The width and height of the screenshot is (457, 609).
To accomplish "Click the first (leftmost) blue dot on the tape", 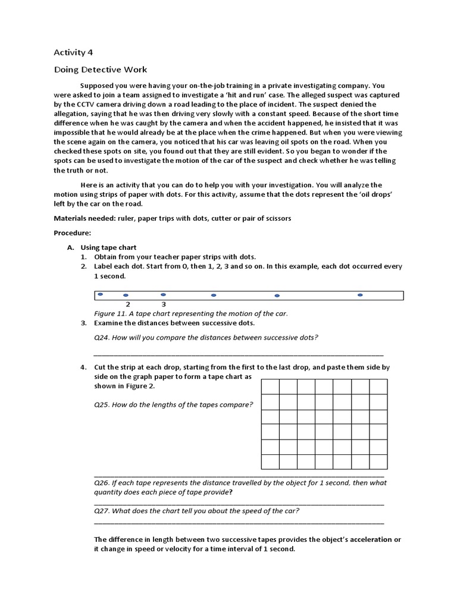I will click(101, 294).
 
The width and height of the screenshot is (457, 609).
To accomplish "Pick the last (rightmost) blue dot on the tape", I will click(360, 295).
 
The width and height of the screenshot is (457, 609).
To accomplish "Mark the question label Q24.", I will click(102, 338).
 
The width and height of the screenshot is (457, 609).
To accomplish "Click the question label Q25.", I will click(102, 404).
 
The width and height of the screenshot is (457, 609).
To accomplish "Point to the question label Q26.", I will click(102, 483).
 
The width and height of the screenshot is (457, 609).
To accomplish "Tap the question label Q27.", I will click(102, 511).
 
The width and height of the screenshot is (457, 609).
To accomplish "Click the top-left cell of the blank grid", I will click(271, 387).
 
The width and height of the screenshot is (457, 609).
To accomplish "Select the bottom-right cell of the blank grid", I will click(378, 462).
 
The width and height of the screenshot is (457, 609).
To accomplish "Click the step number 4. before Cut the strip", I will click(84, 368).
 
